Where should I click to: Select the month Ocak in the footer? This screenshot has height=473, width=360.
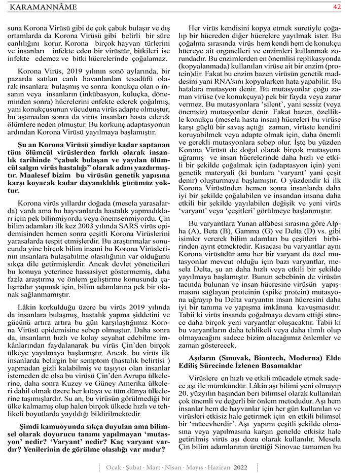point(112,466)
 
